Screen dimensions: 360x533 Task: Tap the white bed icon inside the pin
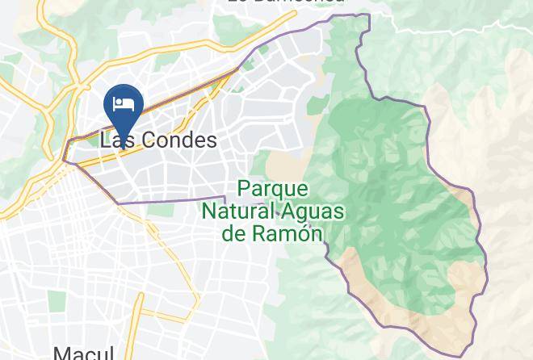pyautogui.click(x=124, y=103)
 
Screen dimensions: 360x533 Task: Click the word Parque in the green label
pyautogui.click(x=273, y=189)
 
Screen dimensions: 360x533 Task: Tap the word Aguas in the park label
pyautogui.click(x=313, y=211)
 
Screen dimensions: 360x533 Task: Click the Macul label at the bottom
pyautogui.click(x=80, y=352)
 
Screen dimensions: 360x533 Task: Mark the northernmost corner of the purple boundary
pyautogui.click(x=368, y=15)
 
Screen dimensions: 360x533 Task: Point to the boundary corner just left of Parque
pyautogui.click(x=225, y=196)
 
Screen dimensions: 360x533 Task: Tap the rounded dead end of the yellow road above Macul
pyautogui.click(x=141, y=298)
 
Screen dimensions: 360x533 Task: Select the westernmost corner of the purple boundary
pyautogui.click(x=65, y=161)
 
